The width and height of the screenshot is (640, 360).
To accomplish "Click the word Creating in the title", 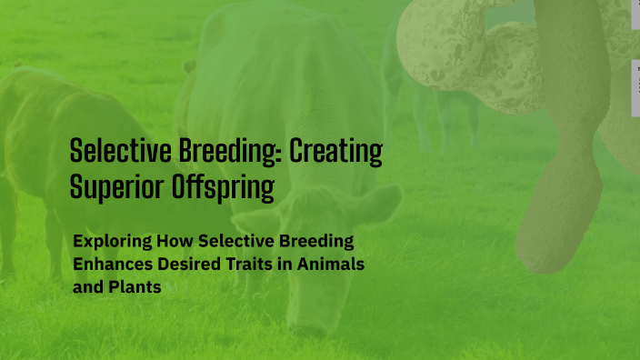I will pos(335,151).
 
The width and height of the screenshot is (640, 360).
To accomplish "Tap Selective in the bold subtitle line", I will pos(227,242).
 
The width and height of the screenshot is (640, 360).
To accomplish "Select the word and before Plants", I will pos(87,285).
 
